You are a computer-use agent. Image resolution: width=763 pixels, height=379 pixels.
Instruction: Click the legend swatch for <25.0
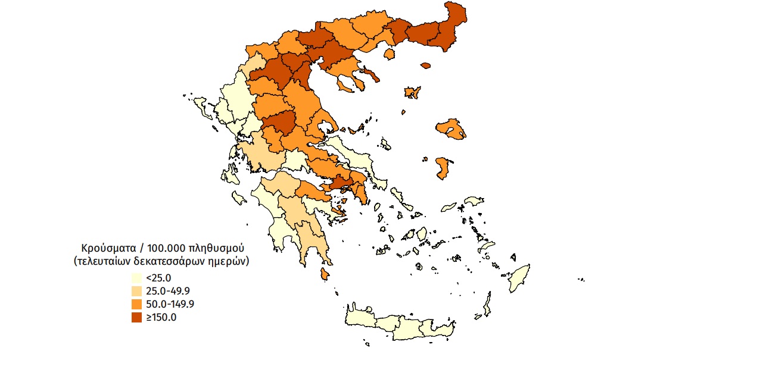click(136, 278)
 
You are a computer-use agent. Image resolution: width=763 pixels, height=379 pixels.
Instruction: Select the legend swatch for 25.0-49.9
click(136, 291)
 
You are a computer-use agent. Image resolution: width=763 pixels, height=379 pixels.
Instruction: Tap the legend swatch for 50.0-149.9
click(136, 304)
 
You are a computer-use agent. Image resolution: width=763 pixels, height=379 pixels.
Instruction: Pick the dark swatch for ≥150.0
click(136, 317)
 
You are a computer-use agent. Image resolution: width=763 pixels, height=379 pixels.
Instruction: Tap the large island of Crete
click(399, 324)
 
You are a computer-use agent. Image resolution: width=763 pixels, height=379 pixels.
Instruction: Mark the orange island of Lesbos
click(451, 129)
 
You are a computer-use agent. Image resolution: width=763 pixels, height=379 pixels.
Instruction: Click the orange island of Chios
click(442, 168)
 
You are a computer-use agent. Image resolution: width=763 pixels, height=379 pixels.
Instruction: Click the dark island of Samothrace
click(425, 65)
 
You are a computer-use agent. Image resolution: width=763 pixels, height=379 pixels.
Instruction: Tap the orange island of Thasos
click(391, 54)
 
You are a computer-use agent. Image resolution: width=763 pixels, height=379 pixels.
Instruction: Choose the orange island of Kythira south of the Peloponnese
click(325, 274)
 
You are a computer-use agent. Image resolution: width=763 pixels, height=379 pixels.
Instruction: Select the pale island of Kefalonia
click(229, 175)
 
